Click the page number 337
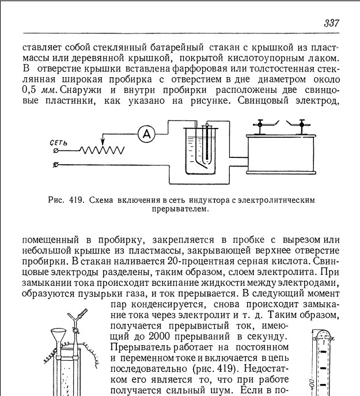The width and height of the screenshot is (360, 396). (x=331, y=24)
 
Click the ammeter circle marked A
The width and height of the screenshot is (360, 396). (x=147, y=134)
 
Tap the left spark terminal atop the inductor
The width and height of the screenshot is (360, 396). (x=261, y=123)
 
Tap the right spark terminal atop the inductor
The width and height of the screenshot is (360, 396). (x=301, y=123)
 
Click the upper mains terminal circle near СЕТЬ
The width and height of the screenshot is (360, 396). (x=55, y=151)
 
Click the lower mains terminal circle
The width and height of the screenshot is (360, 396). (x=55, y=165)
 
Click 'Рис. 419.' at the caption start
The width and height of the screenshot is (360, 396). (x=65, y=201)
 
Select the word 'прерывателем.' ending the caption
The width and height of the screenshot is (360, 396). (x=184, y=209)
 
